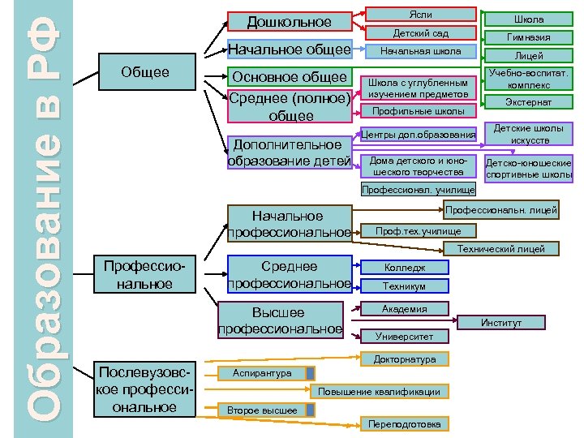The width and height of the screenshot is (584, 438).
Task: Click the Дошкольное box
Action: [290, 22]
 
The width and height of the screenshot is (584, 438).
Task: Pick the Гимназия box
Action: [528, 37]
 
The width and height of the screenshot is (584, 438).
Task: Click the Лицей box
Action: [528, 56]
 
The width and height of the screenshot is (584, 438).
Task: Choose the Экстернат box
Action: [528, 103]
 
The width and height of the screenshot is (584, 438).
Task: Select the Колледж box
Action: [404, 268]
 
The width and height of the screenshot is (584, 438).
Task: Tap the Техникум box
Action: [404, 286]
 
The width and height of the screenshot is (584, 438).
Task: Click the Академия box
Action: [404, 309]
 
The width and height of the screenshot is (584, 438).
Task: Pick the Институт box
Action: [500, 323]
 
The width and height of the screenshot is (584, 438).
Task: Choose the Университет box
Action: [404, 336]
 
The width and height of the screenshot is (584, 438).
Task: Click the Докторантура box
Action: [404, 359]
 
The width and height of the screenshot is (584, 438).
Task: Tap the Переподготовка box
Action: [404, 424]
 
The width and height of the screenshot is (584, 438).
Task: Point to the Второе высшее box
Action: [261, 410]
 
